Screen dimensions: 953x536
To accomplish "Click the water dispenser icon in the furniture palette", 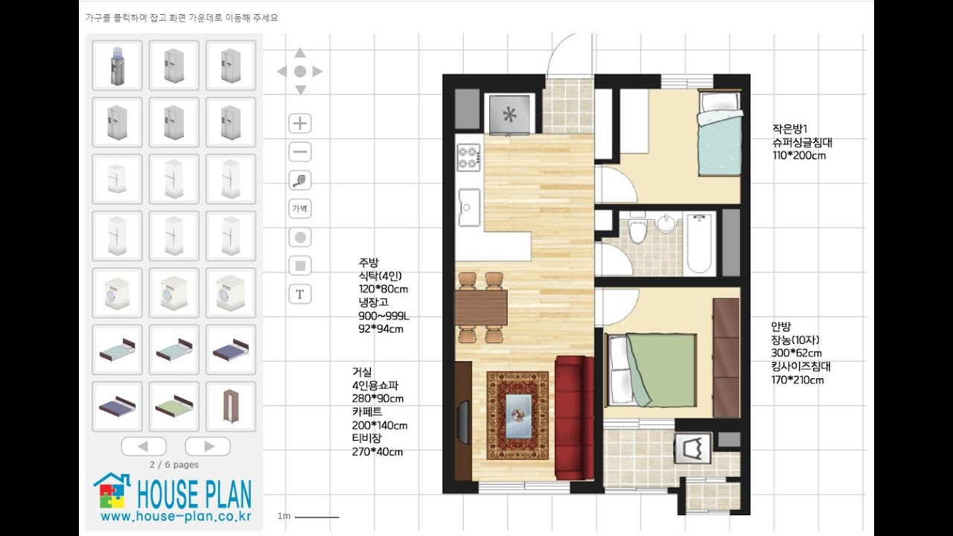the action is click(118, 66).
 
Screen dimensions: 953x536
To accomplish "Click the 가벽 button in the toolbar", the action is click(300, 208).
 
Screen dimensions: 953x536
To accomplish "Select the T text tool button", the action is click(300, 294).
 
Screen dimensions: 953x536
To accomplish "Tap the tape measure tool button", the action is click(300, 180).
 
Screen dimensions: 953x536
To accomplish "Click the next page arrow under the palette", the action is click(208, 446).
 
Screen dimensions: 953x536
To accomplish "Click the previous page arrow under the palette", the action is click(144, 446).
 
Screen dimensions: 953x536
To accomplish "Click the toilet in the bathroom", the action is click(638, 230).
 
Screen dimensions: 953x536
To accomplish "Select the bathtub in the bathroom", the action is click(699, 243).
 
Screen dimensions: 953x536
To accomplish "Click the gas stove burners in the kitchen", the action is click(469, 157).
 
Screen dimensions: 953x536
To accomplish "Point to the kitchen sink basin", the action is click(469, 207).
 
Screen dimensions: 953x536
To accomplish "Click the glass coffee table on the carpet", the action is click(518, 416).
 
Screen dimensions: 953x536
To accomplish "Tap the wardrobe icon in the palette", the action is click(231, 406).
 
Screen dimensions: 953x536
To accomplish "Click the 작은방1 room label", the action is click(790, 129).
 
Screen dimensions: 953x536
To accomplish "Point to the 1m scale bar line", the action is click(317, 517).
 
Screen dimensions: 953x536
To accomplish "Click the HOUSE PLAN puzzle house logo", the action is click(112, 491).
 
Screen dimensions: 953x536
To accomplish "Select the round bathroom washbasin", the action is click(666, 223).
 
